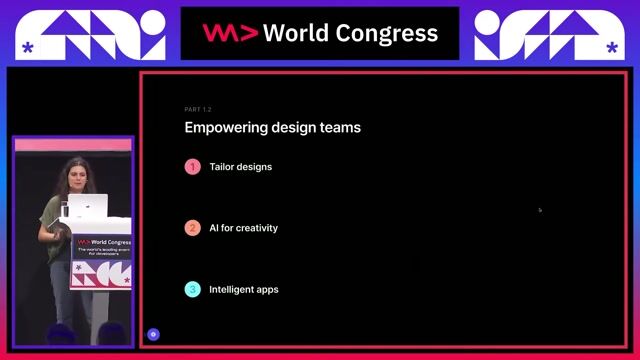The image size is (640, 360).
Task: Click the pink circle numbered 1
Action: (193, 167)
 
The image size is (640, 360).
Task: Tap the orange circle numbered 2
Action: (193, 228)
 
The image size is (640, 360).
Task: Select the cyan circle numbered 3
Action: (193, 290)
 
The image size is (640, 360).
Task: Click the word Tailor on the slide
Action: (221, 167)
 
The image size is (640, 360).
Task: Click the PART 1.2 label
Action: (198, 109)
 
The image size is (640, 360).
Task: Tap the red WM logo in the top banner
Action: (230, 33)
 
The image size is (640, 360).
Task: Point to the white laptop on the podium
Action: (88, 207)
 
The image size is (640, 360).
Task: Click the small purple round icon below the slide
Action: (153, 334)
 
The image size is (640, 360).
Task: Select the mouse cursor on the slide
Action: (540, 210)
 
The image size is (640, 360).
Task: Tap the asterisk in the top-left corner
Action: (27, 47)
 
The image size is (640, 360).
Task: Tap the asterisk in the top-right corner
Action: (612, 47)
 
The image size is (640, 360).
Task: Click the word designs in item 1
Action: (254, 167)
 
